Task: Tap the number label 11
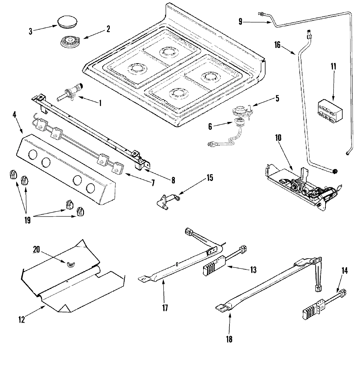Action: click(333, 67)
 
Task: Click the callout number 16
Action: click(277, 45)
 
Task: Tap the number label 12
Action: click(21, 320)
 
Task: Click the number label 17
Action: click(165, 308)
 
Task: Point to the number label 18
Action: click(229, 339)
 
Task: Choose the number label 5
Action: click(277, 98)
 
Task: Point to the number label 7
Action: click(152, 182)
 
